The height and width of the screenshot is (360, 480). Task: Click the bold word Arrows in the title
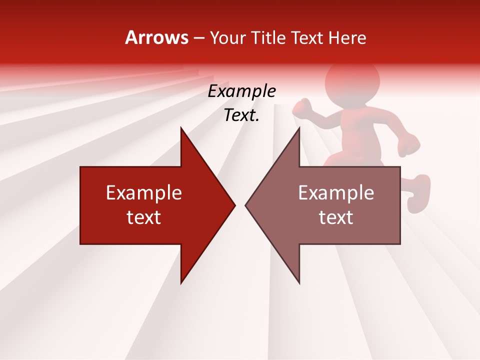(x=157, y=37)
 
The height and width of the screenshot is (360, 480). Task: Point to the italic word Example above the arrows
(x=241, y=91)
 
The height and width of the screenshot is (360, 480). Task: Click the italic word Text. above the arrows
(x=241, y=115)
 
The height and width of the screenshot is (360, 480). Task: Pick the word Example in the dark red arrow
(x=144, y=193)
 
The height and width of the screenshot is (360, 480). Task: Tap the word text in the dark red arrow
(x=144, y=217)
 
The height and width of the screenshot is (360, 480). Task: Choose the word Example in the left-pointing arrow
(x=336, y=193)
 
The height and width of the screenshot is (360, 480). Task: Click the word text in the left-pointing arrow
(x=336, y=217)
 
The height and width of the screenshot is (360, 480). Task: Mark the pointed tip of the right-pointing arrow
(x=235, y=205)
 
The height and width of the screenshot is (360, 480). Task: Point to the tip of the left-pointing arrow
(x=245, y=205)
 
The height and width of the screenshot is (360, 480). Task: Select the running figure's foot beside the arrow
(x=418, y=193)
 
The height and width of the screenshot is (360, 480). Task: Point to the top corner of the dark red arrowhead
(x=181, y=128)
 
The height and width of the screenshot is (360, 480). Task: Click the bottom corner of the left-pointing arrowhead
(x=299, y=283)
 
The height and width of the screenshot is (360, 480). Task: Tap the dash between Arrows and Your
(x=198, y=38)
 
